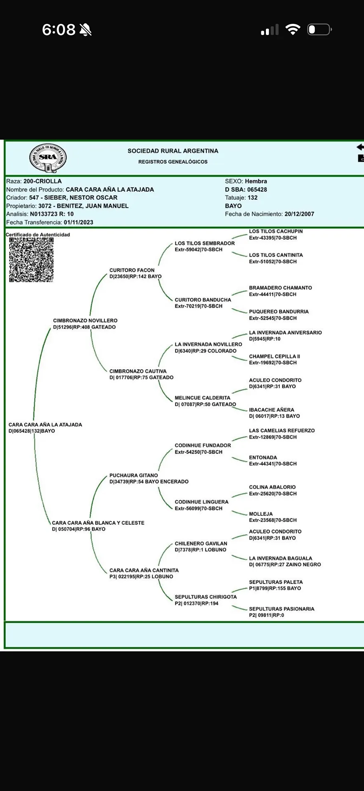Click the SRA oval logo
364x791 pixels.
tap(48, 157)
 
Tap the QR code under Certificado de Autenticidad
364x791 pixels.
tap(31, 260)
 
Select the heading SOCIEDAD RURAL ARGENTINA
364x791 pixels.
tap(173, 151)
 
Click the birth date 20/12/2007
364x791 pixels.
tap(299, 214)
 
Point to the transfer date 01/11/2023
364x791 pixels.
tap(78, 222)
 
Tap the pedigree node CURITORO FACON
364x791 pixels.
tap(132, 270)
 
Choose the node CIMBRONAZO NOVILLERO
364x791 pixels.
tap(85, 321)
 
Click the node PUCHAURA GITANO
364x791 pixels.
tap(134, 475)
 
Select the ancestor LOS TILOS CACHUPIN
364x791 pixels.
tap(276, 232)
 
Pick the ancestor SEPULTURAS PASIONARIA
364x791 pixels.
tap(282, 609)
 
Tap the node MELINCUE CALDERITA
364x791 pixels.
tap(202, 398)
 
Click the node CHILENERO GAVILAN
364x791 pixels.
tap(201, 544)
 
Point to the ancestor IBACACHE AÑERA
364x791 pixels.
tap(272, 410)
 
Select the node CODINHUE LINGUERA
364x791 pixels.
tap(202, 502)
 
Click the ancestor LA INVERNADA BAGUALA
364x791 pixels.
tap(280, 559)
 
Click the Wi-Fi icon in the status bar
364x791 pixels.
tap(293, 30)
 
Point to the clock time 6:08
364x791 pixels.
tap(59, 30)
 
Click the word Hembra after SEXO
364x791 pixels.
tap(256, 181)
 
